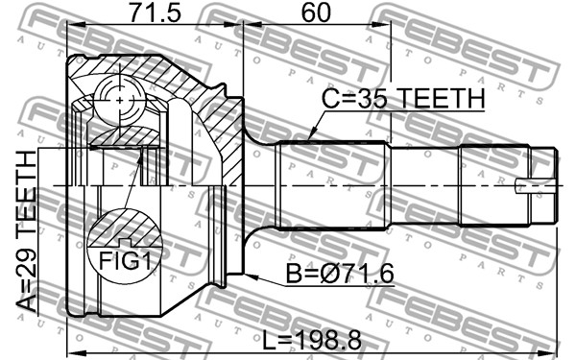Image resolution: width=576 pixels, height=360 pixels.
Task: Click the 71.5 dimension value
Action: (155, 12)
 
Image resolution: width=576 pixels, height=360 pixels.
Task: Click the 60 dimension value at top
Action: (316, 12)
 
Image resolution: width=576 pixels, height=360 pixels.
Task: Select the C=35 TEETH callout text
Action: (403, 99)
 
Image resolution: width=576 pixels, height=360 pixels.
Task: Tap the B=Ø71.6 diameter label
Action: (340, 274)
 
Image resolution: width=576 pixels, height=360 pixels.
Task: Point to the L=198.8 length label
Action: (312, 340)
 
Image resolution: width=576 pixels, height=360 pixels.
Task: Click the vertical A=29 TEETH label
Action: (27, 231)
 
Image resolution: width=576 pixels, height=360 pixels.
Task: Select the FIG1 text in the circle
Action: (125, 261)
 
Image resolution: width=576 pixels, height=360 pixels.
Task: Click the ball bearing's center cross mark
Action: (121, 100)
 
